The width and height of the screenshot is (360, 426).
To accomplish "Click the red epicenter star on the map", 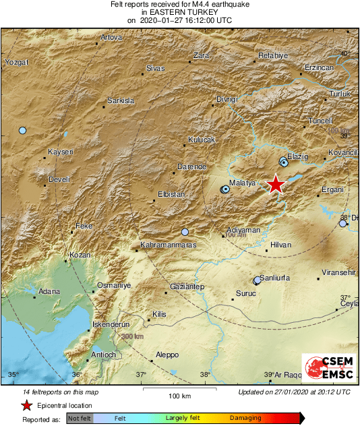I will [275, 184].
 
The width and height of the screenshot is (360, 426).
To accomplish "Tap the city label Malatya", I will [241, 183].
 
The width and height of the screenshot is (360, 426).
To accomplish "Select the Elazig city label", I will [297, 156].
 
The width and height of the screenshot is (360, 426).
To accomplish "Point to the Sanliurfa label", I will [275, 278].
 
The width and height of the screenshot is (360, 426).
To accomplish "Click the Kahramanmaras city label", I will [168, 245].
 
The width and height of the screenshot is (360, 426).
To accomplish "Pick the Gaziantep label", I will [187, 286].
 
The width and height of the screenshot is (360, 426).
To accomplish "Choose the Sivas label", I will [156, 69].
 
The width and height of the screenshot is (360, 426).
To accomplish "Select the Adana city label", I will [49, 292].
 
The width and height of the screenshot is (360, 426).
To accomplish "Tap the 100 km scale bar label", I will [179, 395].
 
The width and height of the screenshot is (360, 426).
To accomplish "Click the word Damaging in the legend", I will [246, 418].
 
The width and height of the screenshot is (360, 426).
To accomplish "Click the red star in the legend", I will [26, 405].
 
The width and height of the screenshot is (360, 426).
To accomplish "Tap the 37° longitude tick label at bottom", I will [142, 375].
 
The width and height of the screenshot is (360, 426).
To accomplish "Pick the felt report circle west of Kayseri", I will [22, 130].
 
